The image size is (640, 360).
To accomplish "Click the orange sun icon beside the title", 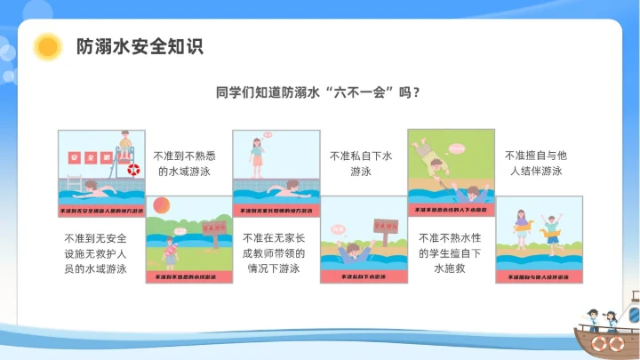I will point(45,46).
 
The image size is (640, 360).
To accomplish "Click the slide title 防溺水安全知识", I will point(140,46).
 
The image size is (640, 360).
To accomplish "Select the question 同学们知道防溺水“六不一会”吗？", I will point(319,92).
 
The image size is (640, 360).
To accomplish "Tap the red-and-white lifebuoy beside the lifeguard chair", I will point(133,169).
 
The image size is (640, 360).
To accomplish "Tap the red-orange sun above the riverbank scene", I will point(161,205).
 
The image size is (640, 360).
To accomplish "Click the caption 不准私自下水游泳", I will point(360,163).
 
